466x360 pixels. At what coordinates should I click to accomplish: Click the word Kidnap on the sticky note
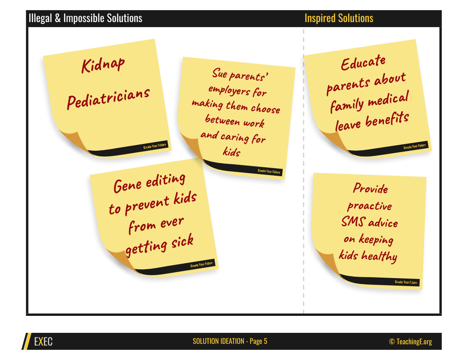pos(103,65)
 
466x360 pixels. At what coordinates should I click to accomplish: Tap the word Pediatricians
pos(108,98)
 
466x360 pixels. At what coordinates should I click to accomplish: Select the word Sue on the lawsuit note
pos(219,73)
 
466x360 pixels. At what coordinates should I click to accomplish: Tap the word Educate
pos(363,62)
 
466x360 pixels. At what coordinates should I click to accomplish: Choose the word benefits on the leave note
pos(387,119)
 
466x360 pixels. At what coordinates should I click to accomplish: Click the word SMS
pos(353,222)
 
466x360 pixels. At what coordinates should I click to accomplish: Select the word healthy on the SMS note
pos(379,256)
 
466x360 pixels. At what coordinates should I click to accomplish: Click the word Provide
pos(371,188)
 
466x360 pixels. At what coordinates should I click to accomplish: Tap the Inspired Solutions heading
pos(339,18)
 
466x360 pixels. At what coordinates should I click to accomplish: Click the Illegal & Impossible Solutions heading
pos(85,18)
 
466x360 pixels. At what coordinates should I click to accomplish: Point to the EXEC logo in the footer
pos(43,342)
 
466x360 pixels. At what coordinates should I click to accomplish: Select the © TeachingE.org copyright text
pos(410,342)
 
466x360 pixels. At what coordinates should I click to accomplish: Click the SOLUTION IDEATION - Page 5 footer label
pos(230,341)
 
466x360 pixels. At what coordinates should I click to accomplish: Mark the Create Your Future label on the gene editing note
pos(202,264)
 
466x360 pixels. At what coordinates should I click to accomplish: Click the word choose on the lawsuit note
pos(265,109)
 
